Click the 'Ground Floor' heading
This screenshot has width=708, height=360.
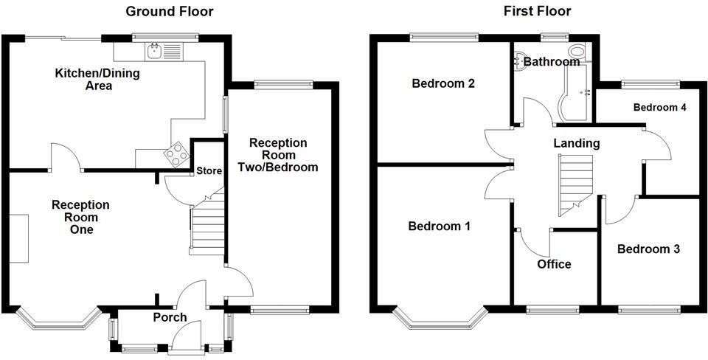point(170,11)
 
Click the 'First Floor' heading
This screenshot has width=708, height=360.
point(537,11)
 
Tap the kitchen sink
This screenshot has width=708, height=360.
point(155,50)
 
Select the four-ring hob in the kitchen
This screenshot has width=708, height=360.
point(178,154)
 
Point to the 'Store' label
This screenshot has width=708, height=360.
point(209,171)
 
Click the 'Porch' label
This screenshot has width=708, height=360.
point(170,318)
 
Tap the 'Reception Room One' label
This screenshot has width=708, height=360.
point(80,217)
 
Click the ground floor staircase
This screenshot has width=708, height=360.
point(206,227)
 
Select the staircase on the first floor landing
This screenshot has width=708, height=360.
point(575,185)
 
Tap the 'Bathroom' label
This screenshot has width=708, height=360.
point(552,62)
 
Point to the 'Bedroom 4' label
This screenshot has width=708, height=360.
point(660,108)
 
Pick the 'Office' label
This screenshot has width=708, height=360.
point(554,264)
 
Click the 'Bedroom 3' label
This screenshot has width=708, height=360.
point(648,249)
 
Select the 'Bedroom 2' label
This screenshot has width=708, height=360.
point(442,83)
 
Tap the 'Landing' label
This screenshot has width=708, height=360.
point(577,143)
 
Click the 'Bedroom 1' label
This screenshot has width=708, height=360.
point(440,226)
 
